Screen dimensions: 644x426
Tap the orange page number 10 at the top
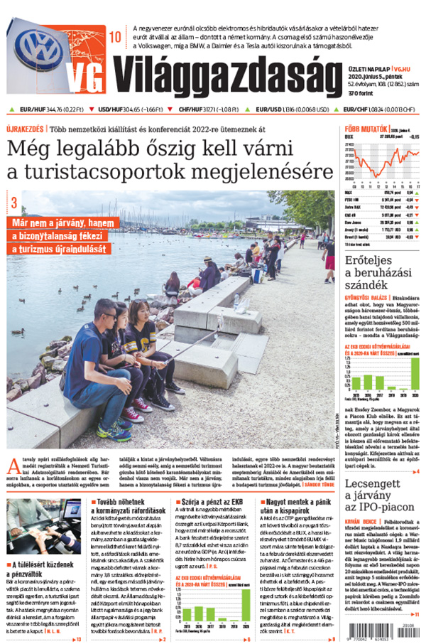pyautogui.click(x=115, y=36)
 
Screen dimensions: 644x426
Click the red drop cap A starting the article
pyautogui.click(x=13, y=468)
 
